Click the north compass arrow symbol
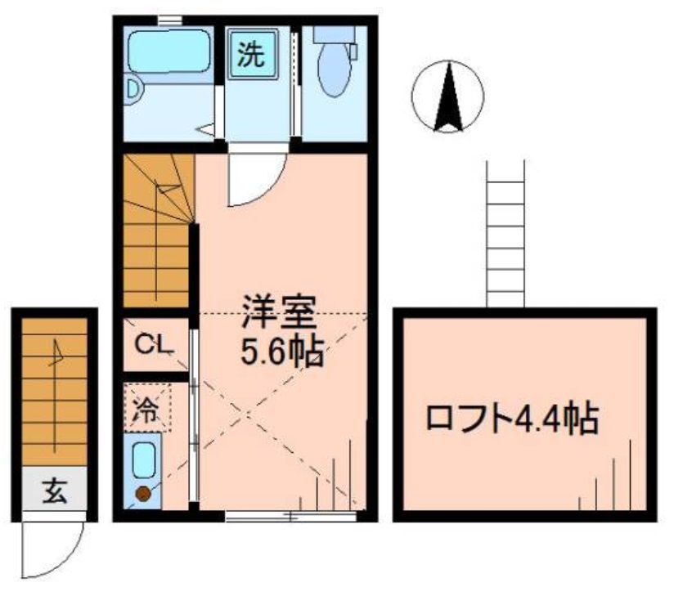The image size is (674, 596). [x=447, y=98]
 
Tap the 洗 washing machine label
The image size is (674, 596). [x=250, y=55]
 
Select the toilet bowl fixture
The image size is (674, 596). [x=332, y=71]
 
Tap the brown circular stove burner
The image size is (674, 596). [x=142, y=493]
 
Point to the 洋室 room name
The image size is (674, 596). [x=276, y=311]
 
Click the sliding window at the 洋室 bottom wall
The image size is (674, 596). [x=291, y=516]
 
